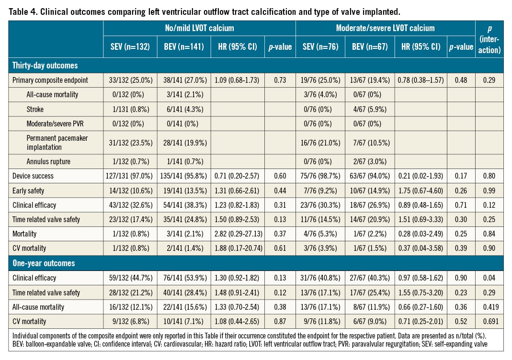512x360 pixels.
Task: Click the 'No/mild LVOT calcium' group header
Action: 199,28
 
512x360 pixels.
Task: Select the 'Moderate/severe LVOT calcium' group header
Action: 385,28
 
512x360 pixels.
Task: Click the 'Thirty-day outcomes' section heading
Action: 42,65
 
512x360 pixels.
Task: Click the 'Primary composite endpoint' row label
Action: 50,80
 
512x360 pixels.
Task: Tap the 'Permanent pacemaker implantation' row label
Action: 57,142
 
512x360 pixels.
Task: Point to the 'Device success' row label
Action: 33,176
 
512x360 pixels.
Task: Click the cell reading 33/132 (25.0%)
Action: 127,80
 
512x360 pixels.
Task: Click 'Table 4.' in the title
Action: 24,10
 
